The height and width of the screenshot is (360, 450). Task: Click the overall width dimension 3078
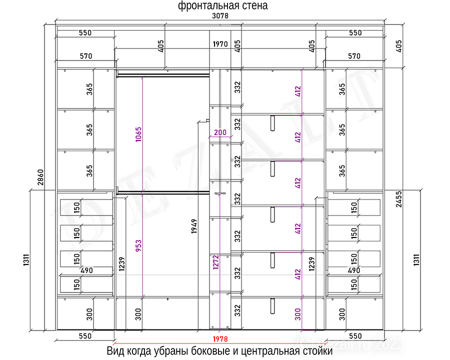point(220,16)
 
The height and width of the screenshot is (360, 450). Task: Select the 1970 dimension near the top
point(220,44)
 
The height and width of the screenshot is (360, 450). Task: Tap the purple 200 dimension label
point(220,132)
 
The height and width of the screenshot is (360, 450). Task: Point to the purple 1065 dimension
point(138,134)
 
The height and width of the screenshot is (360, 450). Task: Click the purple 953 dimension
point(138,246)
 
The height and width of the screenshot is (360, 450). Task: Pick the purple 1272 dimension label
point(216,262)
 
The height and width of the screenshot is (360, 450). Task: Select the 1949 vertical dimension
point(194,226)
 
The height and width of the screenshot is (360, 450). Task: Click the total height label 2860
point(40,177)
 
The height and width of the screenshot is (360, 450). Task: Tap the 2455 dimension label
point(398,199)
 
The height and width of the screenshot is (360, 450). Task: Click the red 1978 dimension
point(220,339)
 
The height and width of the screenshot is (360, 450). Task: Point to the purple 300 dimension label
point(298,314)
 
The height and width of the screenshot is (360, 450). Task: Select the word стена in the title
point(254,5)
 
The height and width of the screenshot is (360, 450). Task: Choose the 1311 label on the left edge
point(26,260)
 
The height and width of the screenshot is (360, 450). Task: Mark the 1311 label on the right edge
point(416,260)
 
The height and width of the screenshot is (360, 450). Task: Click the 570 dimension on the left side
point(86,56)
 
